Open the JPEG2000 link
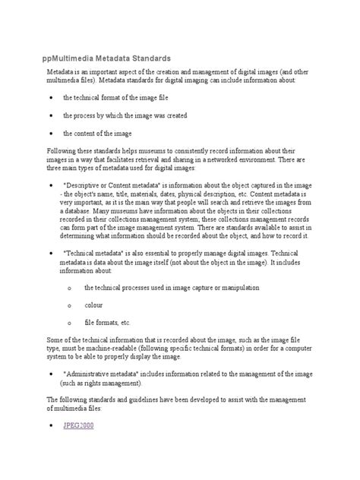78,426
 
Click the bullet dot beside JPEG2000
49,427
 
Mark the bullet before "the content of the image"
49,132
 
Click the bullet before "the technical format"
49,98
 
